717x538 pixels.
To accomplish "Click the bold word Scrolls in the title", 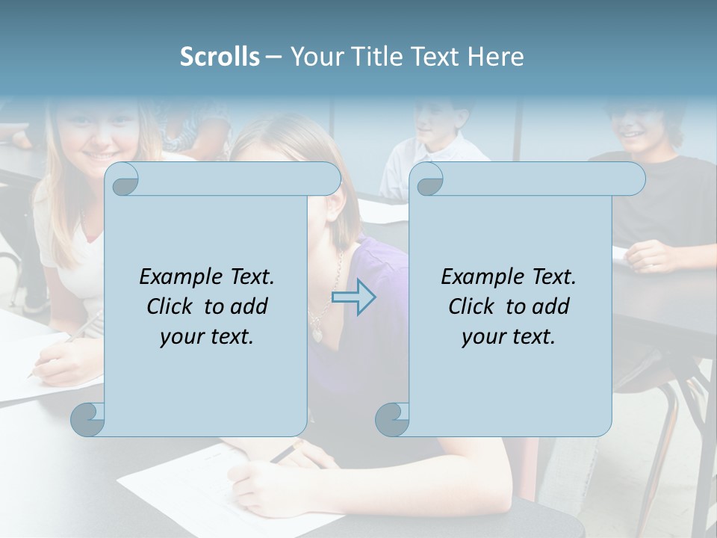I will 220,57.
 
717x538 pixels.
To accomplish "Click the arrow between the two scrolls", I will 353,297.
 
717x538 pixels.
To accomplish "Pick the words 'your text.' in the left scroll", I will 207,337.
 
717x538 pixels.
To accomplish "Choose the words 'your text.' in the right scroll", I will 509,337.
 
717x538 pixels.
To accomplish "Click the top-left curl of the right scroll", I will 429,180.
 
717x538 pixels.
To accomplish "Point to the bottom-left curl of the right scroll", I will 393,419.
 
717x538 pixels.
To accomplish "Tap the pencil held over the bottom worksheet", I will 284,453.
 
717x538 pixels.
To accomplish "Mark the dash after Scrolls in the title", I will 273,57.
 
